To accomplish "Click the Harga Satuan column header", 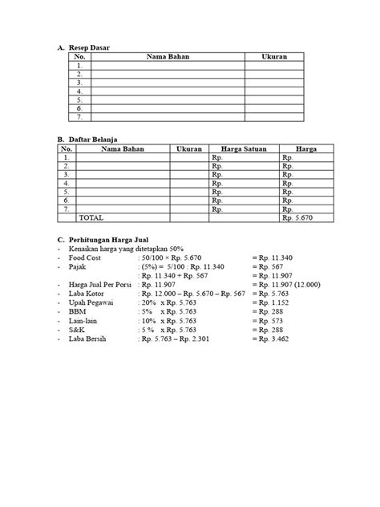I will [x=243, y=149].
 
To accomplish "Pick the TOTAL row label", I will [x=91, y=217].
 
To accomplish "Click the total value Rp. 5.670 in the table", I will [x=299, y=217].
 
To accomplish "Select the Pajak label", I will [x=79, y=267].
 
